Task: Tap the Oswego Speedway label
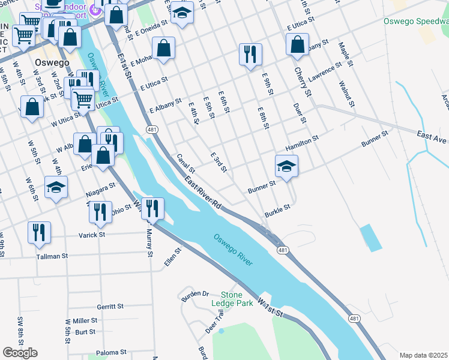click(416, 21)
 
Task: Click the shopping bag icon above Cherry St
click(297, 44)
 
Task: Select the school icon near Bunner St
click(287, 166)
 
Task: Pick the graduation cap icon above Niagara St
click(56, 187)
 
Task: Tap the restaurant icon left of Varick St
click(39, 232)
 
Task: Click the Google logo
click(20, 353)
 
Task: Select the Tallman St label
click(52, 256)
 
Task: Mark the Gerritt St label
click(110, 306)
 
